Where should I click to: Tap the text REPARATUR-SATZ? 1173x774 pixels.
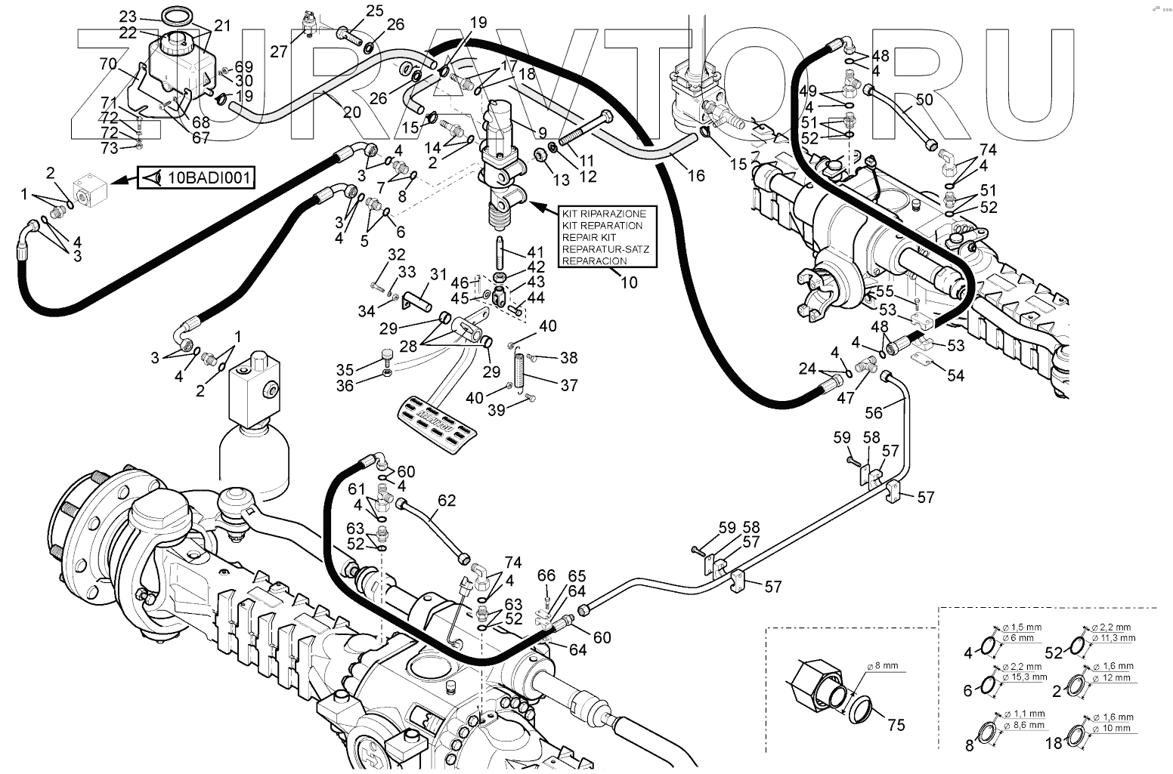click(x=605, y=249)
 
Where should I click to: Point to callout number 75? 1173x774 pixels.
click(x=896, y=725)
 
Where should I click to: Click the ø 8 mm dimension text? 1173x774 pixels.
click(x=882, y=666)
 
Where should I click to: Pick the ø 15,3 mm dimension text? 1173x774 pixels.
click(x=1024, y=678)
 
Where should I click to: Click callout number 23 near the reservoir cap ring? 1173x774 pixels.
click(x=128, y=16)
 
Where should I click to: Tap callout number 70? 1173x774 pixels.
click(x=108, y=64)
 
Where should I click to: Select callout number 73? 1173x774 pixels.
click(x=110, y=148)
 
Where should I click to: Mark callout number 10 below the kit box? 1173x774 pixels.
click(x=629, y=283)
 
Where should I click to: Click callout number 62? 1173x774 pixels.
click(x=447, y=500)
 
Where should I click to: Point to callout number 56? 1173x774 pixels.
click(x=874, y=412)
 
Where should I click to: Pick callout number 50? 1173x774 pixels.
click(x=924, y=100)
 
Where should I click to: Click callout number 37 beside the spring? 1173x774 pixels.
click(x=569, y=385)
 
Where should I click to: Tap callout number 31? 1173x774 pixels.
click(x=439, y=273)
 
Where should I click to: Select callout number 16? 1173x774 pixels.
click(x=696, y=175)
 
